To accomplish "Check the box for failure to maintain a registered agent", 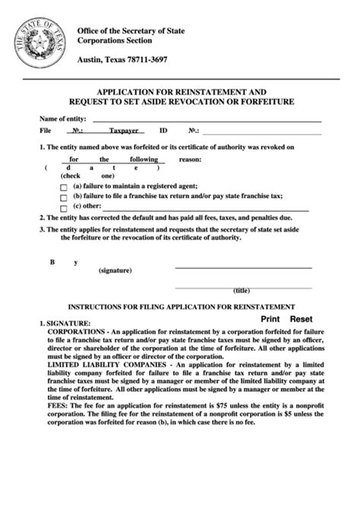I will coord(64,186).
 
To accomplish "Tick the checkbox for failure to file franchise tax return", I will coord(64,196).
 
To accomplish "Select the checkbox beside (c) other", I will coord(64,206).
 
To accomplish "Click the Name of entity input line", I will coord(205,120).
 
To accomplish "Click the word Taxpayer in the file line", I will coord(123,131).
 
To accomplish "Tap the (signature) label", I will coord(115,270).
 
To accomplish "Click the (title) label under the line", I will coord(242,290).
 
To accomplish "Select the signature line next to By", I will coord(243,267).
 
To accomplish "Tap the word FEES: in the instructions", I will coord(59,407).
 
